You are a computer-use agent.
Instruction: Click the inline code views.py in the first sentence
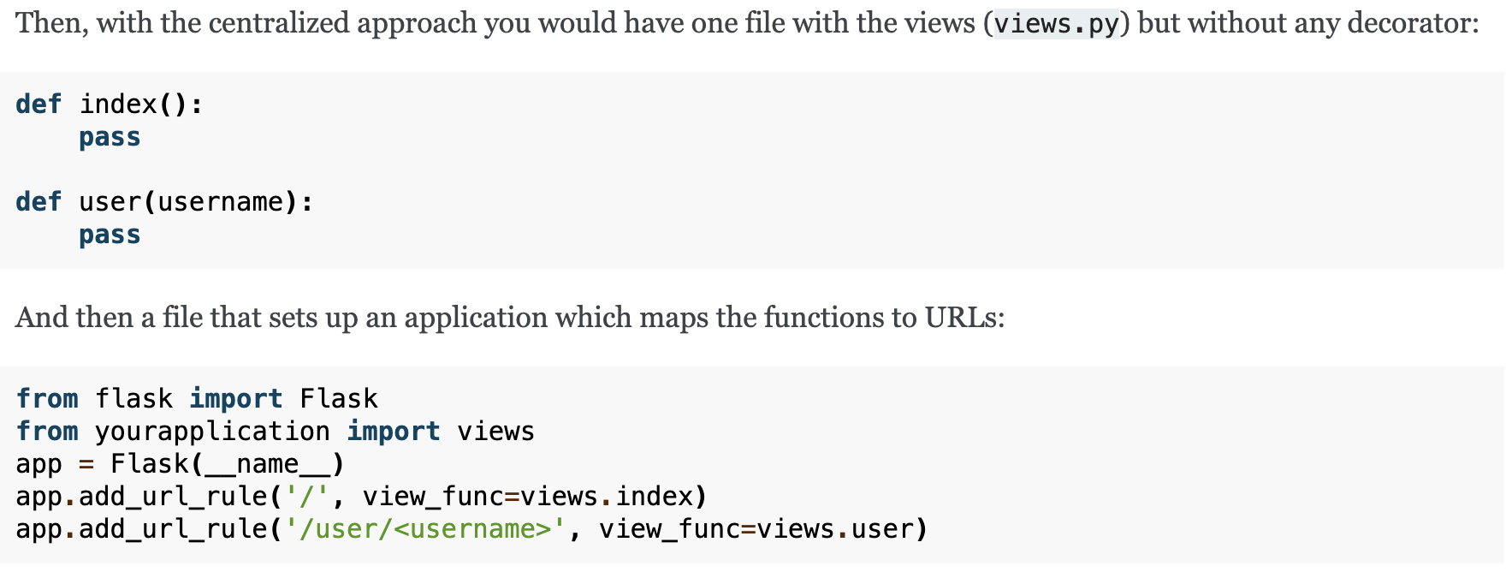pos(1056,24)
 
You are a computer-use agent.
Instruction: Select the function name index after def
pos(118,104)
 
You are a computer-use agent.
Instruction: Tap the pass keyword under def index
pos(110,137)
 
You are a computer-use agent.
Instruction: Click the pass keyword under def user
pos(110,235)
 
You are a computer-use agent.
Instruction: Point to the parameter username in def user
pos(220,202)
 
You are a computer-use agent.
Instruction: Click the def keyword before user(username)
pos(39,202)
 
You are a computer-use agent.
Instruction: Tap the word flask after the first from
pos(133,399)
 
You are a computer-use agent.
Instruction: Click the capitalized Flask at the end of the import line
pos(339,399)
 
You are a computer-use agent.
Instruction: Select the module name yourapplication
pos(212,432)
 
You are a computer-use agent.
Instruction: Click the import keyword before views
pos(394,432)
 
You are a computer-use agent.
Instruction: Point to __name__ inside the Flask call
pos(267,464)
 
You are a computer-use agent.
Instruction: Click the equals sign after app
pos(86,464)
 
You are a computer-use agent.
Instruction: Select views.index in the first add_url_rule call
pos(607,497)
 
